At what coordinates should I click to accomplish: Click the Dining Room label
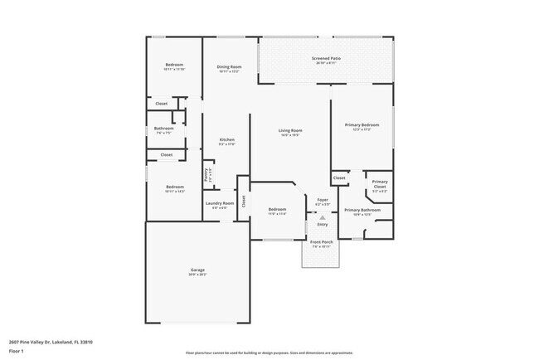(230, 66)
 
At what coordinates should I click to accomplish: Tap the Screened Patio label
(326, 58)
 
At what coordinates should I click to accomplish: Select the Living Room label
(289, 130)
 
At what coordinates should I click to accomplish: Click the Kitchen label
(226, 139)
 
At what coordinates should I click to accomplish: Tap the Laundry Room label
(219, 202)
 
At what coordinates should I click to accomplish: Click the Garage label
(197, 270)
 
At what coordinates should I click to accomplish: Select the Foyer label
(323, 200)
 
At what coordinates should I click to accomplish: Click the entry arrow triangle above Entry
(323, 216)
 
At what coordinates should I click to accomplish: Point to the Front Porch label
(321, 242)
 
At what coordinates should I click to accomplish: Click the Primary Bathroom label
(362, 210)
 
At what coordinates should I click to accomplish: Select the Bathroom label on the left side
(163, 129)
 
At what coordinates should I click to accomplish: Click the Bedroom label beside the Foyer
(277, 210)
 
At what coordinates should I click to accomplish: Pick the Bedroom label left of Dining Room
(173, 65)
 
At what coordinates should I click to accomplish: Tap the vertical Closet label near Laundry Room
(244, 200)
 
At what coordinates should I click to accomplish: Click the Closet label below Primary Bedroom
(339, 178)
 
